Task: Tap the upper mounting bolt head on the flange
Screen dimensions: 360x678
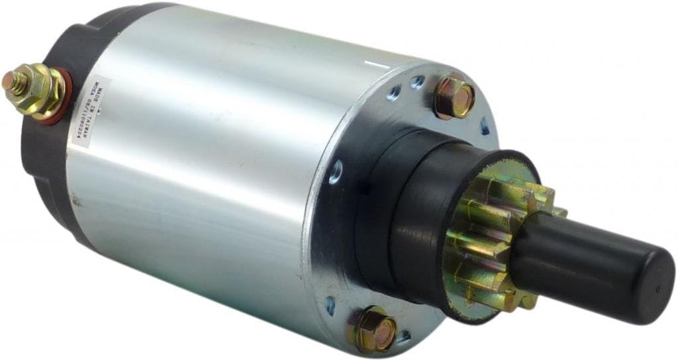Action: click(454, 97)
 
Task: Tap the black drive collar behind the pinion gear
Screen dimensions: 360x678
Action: click(411, 212)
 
